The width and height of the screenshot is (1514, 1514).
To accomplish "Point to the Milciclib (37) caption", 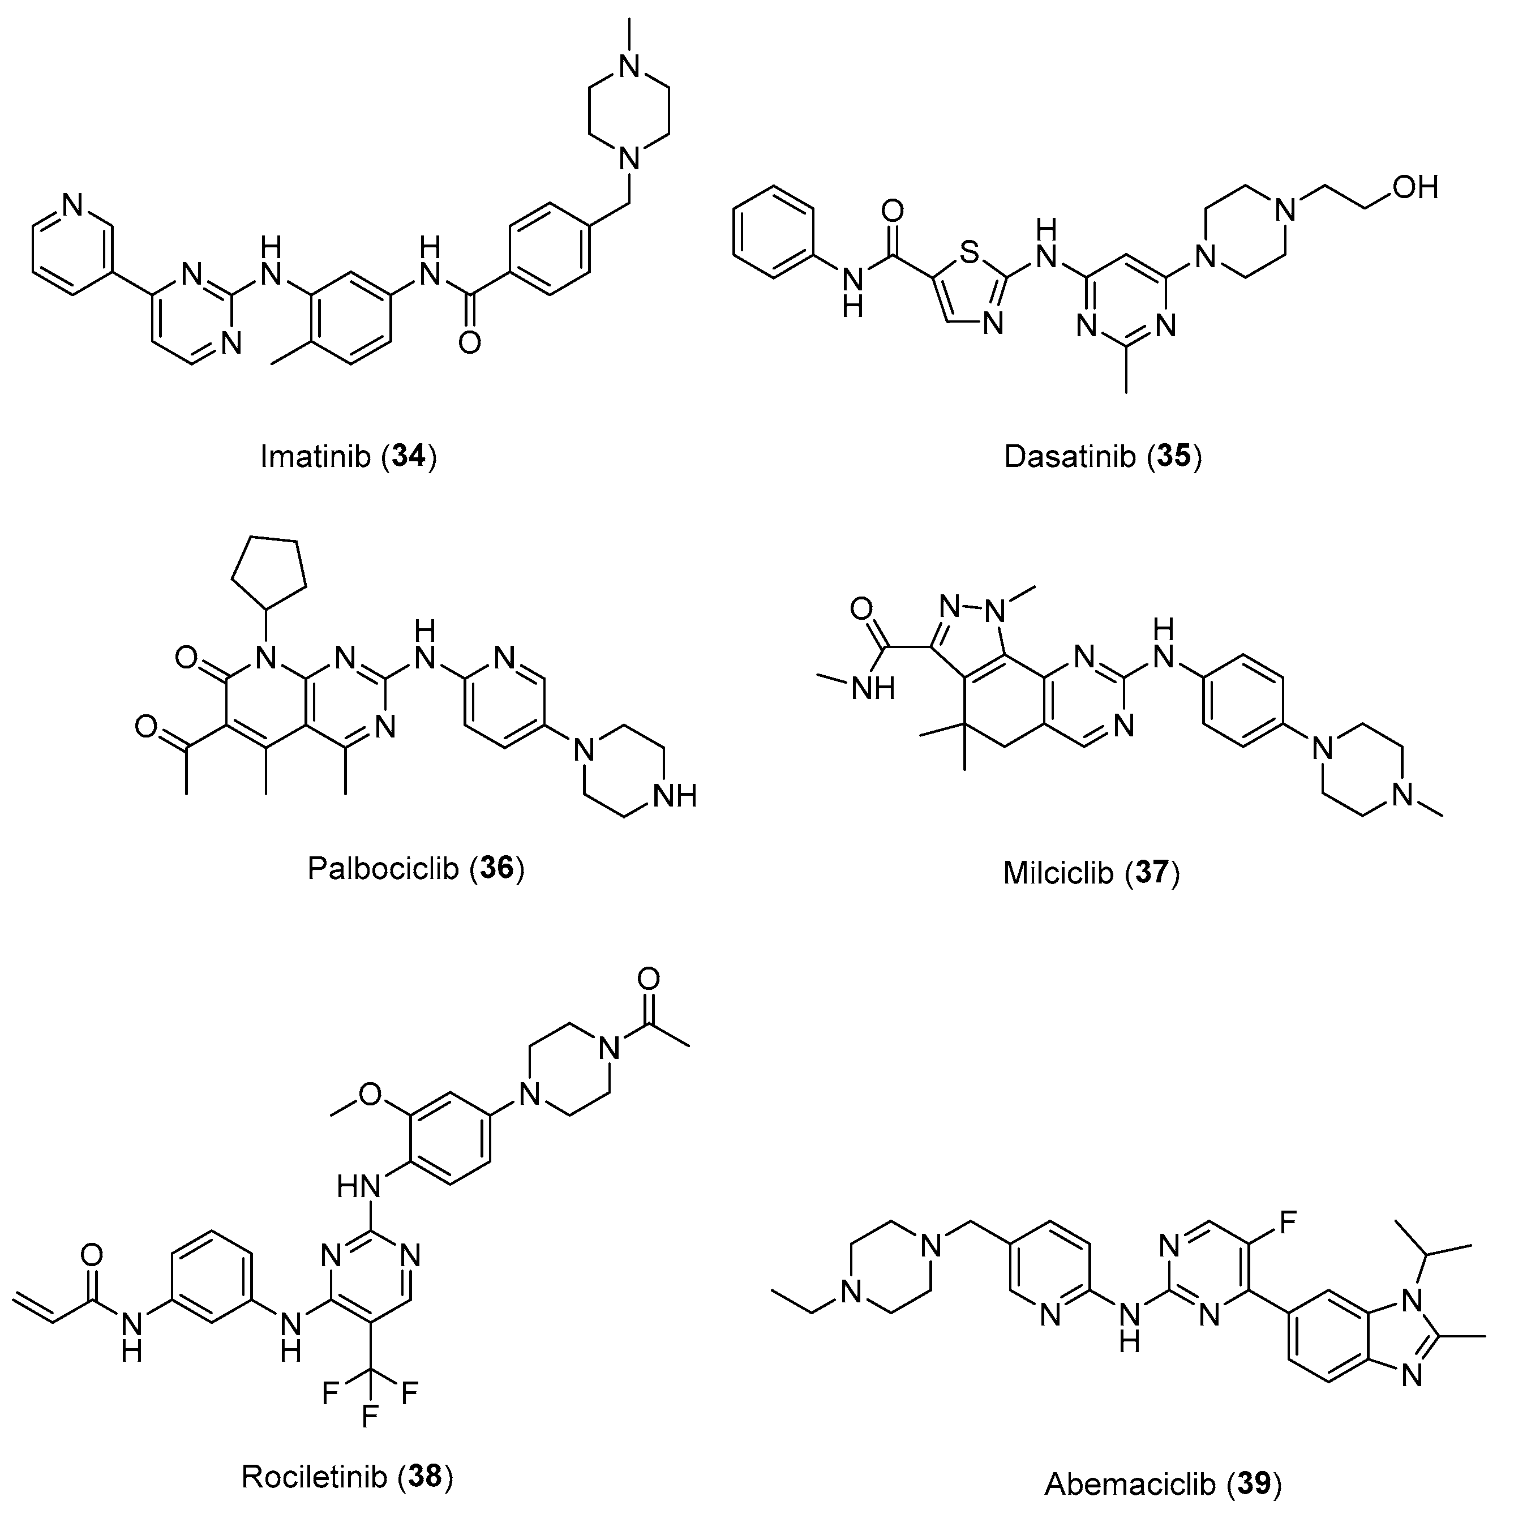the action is coord(1091,872).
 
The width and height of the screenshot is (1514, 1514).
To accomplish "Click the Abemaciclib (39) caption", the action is coord(1163,1483).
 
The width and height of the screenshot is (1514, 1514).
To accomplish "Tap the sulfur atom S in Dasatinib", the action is coord(970,252).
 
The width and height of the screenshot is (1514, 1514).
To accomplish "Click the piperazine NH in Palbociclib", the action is coord(676,797).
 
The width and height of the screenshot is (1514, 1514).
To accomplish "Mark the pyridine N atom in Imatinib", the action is coord(72,205).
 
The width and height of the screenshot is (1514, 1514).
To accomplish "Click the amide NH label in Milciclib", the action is coord(873,689).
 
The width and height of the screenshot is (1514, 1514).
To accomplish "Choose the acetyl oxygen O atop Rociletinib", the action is coord(648,977).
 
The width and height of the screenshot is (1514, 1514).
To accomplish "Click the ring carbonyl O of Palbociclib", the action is coord(186,658).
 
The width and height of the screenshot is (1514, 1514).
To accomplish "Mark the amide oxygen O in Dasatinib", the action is coord(892,210).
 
